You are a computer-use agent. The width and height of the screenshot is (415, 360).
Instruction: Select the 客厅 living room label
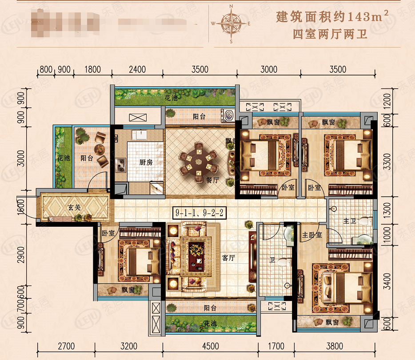click(x=228, y=258)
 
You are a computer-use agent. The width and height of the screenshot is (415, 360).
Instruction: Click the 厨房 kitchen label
click(x=146, y=162)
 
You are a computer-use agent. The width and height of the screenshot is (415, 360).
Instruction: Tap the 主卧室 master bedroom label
click(x=312, y=234)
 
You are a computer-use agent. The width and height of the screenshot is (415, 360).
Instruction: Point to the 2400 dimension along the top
click(x=137, y=69)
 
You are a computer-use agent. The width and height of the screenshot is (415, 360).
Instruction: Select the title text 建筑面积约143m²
click(x=333, y=17)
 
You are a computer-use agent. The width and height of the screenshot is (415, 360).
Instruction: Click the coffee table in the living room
click(x=196, y=257)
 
